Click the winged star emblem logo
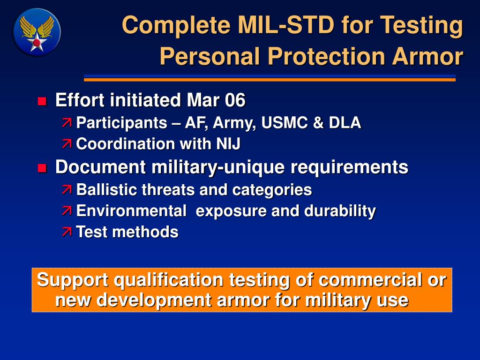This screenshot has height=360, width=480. pos(37,32)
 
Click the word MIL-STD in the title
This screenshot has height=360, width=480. pos(286,25)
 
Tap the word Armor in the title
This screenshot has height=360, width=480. pos(427,56)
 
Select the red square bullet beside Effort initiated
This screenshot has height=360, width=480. pos(42,101)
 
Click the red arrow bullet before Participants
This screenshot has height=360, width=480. pos(67,123)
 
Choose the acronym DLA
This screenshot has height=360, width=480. pos(345,122)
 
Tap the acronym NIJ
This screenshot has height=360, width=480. pos(228,143)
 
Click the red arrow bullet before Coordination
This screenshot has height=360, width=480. pos(67,144)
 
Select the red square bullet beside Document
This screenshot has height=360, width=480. pos(42,168)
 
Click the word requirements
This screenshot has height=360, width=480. pos(349,168)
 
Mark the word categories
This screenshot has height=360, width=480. pos(272,190)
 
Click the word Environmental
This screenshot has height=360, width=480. pos(131,210)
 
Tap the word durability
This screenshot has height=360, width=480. pos(340,211)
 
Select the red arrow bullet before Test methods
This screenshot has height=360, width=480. pos(67,232)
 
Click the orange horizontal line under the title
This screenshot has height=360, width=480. pos(270,80)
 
